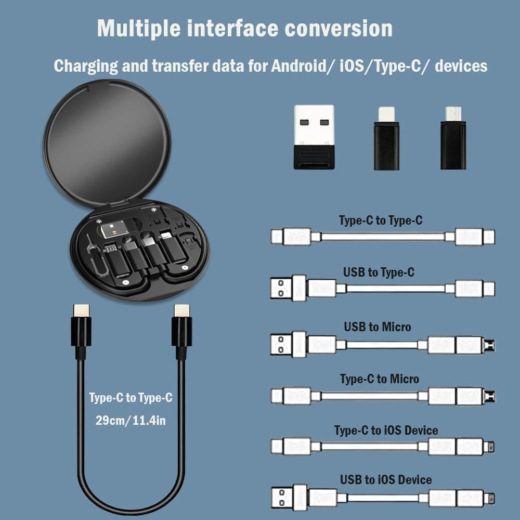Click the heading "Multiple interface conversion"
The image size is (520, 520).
(x=244, y=28)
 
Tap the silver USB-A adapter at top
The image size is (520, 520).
(x=314, y=136)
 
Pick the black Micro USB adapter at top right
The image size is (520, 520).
(x=453, y=138)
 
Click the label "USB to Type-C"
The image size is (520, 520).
(x=379, y=272)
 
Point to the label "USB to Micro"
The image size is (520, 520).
(x=377, y=327)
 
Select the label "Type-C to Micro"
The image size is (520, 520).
(x=379, y=379)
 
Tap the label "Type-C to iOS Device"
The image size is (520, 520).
(x=386, y=430)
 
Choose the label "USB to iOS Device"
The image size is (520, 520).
(x=386, y=479)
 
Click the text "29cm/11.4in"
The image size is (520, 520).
(x=131, y=420)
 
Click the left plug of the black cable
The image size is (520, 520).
(x=81, y=328)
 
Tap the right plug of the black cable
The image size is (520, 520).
(x=181, y=328)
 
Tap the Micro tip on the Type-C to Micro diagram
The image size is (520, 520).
(x=489, y=397)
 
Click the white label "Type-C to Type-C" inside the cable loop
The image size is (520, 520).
(x=131, y=398)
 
